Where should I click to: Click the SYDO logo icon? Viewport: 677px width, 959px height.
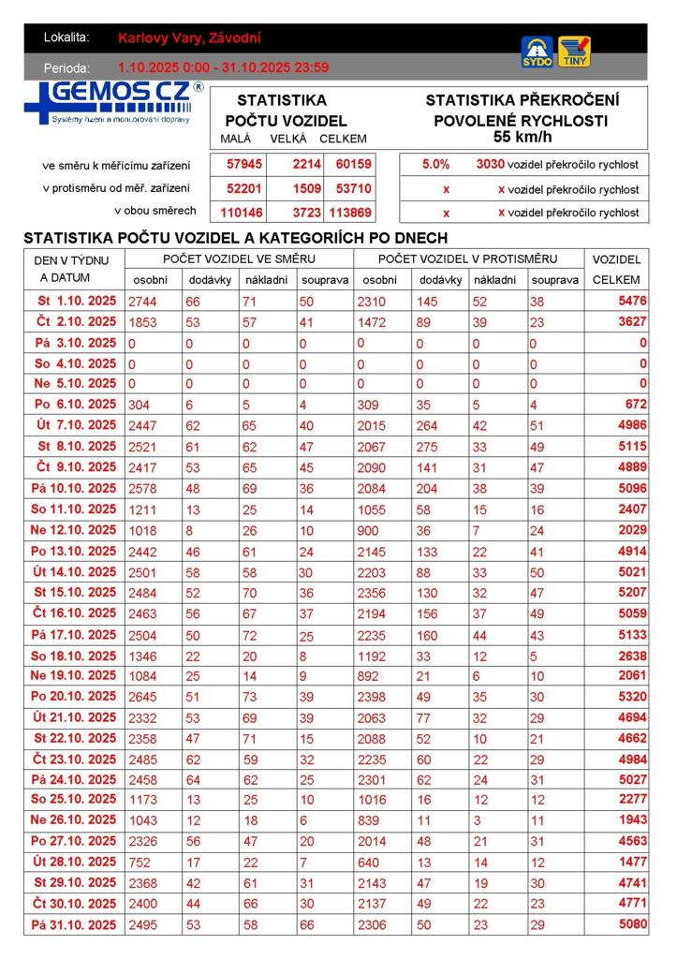(x=537, y=52)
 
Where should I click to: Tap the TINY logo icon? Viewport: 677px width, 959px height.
(x=574, y=52)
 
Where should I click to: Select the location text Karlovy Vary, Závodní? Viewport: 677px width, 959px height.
(x=189, y=38)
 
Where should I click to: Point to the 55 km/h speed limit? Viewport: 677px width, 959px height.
(x=522, y=137)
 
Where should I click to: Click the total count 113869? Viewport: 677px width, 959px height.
(x=350, y=212)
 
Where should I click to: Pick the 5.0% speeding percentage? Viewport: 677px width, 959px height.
(x=435, y=164)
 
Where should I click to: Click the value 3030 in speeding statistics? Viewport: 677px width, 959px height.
(x=490, y=164)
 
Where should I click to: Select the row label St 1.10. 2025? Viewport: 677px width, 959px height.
(x=77, y=302)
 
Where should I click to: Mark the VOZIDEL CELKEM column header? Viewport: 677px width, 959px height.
(x=617, y=269)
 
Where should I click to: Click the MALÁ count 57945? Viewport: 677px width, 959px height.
(x=241, y=164)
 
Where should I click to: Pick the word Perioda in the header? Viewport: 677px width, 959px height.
(x=66, y=67)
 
